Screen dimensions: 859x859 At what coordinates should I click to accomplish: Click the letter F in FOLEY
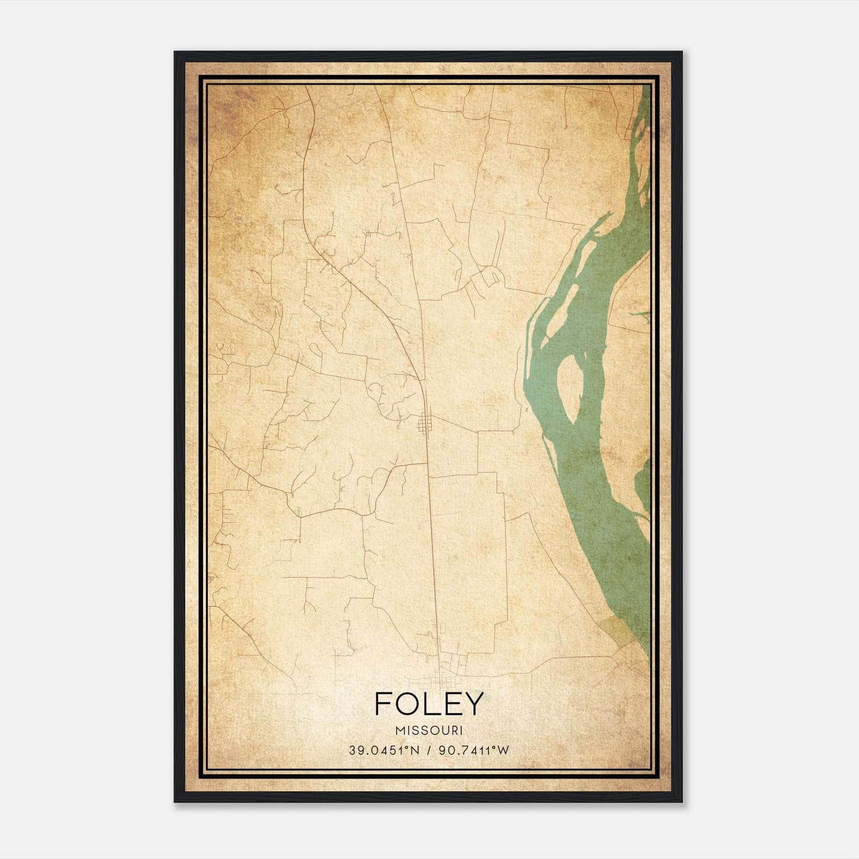click(382, 704)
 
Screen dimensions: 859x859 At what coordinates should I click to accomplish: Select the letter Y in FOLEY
click(473, 704)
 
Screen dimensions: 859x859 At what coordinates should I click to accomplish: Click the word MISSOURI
click(429, 731)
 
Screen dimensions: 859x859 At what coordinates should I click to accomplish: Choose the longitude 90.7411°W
click(473, 750)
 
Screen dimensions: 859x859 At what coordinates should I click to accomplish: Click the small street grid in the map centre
click(425, 424)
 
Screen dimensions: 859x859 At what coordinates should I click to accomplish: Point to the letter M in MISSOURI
click(398, 731)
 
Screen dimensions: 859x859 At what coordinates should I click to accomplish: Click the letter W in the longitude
click(503, 750)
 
